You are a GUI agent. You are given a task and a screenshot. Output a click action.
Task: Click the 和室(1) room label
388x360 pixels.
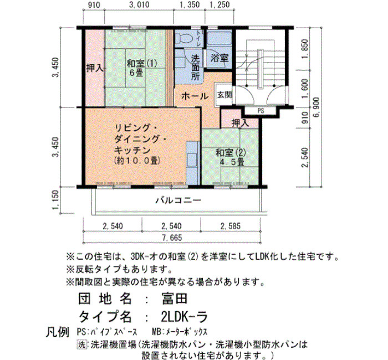[142, 64]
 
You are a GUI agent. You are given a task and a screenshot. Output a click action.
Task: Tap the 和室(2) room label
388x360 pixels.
[231, 152]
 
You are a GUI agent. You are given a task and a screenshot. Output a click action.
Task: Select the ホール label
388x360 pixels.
[195, 96]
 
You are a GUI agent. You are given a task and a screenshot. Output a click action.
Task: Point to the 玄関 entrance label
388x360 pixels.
[224, 95]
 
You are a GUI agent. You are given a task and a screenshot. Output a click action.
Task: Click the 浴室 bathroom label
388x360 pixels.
[219, 58]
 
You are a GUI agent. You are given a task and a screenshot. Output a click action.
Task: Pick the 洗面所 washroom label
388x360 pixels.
[195, 67]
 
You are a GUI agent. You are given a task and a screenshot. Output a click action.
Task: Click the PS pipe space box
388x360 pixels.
[261, 111]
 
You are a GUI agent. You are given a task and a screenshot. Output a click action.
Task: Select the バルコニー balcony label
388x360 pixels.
[178, 200]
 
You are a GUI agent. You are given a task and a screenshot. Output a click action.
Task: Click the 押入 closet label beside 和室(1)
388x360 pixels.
[95, 68]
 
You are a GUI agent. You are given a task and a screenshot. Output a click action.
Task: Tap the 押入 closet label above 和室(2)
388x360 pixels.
[240, 123]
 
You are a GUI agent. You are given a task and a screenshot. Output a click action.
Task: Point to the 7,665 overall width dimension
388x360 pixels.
[172, 238]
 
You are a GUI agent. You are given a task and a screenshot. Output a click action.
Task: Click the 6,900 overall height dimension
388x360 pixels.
[317, 107]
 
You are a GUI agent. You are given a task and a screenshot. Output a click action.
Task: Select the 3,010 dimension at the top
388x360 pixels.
[139, 4]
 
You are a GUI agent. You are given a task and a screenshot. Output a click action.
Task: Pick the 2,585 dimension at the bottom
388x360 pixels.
[231, 226]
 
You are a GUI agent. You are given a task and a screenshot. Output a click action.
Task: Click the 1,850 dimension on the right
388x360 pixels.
[305, 49]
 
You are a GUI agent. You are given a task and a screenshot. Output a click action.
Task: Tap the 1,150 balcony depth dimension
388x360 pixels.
[55, 199]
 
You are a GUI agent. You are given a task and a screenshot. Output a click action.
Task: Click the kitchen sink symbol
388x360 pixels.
[192, 160]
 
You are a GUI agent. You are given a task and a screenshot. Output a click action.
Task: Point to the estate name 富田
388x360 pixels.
[175, 299]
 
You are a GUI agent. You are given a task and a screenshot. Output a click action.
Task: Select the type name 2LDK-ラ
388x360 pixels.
[184, 317]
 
